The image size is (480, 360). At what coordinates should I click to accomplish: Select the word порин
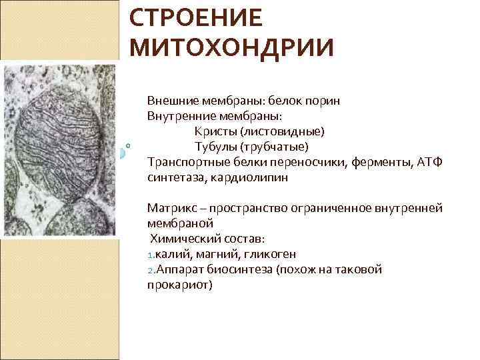click(323, 101)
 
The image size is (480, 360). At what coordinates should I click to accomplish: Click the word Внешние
click(170, 101)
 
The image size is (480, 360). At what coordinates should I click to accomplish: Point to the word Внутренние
click(179, 116)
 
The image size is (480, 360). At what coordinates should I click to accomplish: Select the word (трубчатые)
click(273, 146)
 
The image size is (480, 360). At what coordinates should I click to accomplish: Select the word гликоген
click(270, 253)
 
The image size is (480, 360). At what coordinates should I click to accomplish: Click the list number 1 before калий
click(150, 255)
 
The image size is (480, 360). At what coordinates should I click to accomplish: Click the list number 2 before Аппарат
click(150, 270)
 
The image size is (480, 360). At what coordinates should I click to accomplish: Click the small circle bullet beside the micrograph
click(127, 144)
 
